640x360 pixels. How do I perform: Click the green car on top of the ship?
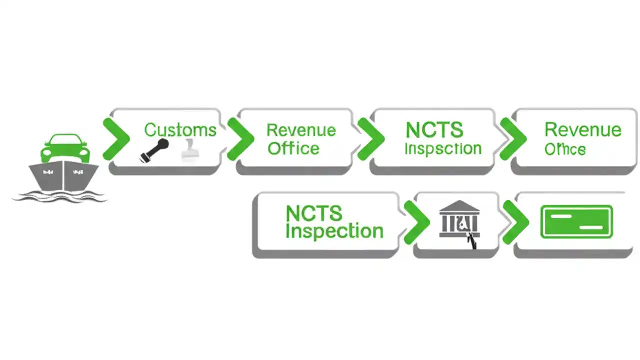click(x=65, y=147)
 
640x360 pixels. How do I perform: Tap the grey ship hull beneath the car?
click(x=63, y=176)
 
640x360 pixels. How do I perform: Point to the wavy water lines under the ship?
click(x=60, y=196)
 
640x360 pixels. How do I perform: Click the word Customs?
click(x=180, y=130)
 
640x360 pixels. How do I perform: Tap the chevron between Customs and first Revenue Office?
click(x=240, y=139)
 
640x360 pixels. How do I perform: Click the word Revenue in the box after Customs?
click(x=300, y=130)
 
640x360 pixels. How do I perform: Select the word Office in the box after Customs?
click(x=293, y=148)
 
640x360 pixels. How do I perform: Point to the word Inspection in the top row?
click(x=442, y=148)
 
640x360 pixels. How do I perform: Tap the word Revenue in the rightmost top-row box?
click(x=582, y=130)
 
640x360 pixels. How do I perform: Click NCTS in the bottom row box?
click(x=313, y=213)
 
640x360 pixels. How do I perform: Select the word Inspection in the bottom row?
click(x=334, y=231)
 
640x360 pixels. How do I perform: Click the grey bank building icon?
click(x=459, y=220)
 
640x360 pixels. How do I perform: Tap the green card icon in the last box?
click(x=576, y=221)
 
